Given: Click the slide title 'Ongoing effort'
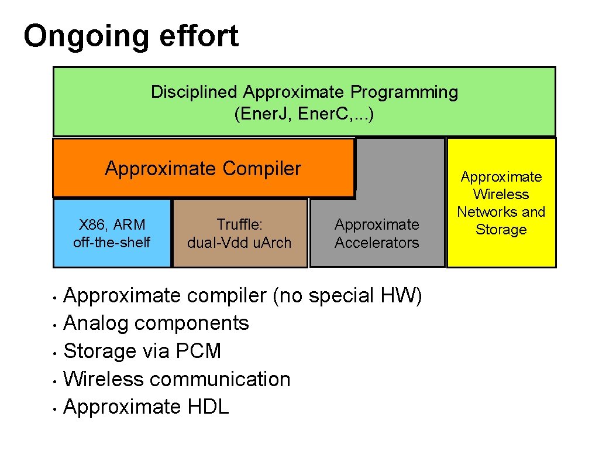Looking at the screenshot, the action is pos(131,36).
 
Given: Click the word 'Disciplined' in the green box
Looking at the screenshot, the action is pos(194,92).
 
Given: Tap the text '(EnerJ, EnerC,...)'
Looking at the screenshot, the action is pos(304,114).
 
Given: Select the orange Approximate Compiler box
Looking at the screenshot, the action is pos(203,168).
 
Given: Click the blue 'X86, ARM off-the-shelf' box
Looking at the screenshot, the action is pos(112,233).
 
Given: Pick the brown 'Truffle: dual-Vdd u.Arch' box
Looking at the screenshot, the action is pos(240,233).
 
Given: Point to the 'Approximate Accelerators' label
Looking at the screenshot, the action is pos(377,233).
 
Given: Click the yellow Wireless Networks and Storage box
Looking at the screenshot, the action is pos(501,203).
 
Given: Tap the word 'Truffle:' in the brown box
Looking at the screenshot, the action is pos(239,224).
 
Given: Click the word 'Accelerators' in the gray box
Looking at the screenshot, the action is pos(377,243).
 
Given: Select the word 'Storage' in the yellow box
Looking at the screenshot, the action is pos(501,230).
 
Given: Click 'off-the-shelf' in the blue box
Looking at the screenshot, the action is pos(112,243).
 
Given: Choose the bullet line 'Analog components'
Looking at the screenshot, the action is pos(156,323).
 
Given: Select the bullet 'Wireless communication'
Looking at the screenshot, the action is pos(177,379).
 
